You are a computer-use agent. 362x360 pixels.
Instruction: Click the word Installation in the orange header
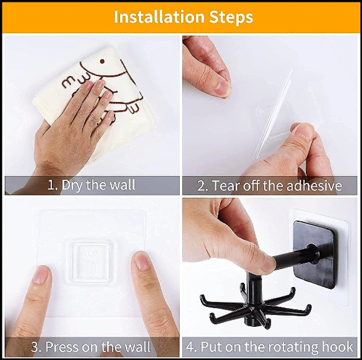[x=159, y=17]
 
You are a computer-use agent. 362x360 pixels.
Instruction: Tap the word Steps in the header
[x=231, y=17]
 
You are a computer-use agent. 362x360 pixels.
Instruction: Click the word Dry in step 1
[x=72, y=185]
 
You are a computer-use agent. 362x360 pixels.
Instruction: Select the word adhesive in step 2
[x=314, y=186]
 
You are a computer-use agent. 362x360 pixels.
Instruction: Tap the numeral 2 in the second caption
[x=200, y=186]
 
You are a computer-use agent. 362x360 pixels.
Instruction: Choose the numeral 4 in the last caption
[x=190, y=347]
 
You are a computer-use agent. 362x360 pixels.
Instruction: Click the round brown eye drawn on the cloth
[x=102, y=62]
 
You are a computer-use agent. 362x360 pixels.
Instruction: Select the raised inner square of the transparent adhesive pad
[x=91, y=263]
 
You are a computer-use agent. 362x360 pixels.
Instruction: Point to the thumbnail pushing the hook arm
[x=270, y=264]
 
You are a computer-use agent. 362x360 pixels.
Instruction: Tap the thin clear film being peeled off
[x=273, y=115]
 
